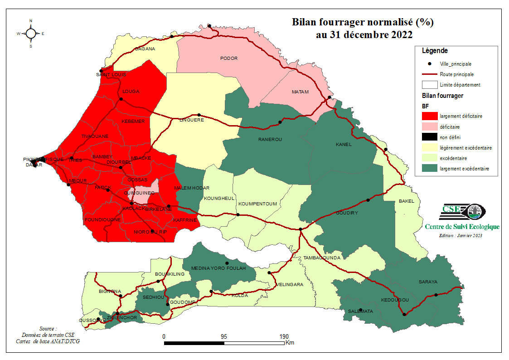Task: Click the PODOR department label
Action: pyautogui.click(x=229, y=58)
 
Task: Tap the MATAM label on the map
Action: pyautogui.click(x=300, y=92)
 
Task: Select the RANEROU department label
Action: pyautogui.click(x=270, y=139)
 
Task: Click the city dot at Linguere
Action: pyautogui.click(x=199, y=115)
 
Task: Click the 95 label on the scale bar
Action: pyautogui.click(x=224, y=337)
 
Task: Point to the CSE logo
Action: pyautogui.click(x=463, y=211)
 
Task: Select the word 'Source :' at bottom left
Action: pyautogui.click(x=48, y=328)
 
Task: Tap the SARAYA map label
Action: pyautogui.click(x=428, y=282)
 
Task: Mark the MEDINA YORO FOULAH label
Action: pyautogui.click(x=218, y=268)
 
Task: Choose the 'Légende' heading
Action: pyautogui.click(x=435, y=51)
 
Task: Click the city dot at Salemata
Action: pyautogui.click(x=361, y=310)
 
